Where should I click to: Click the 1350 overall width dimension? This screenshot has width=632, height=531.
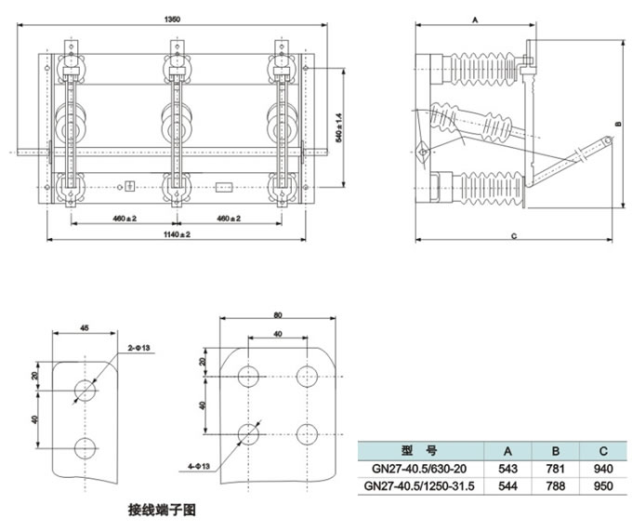pyautogui.click(x=172, y=20)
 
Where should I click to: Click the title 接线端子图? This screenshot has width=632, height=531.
pyautogui.click(x=161, y=511)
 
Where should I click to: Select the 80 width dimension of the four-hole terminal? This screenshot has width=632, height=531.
pyautogui.click(x=277, y=314)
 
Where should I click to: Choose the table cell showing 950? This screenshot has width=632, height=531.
pyautogui.click(x=603, y=486)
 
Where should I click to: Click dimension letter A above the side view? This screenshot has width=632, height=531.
pyautogui.click(x=474, y=19)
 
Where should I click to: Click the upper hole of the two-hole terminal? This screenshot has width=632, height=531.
pyautogui.click(x=85, y=389)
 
